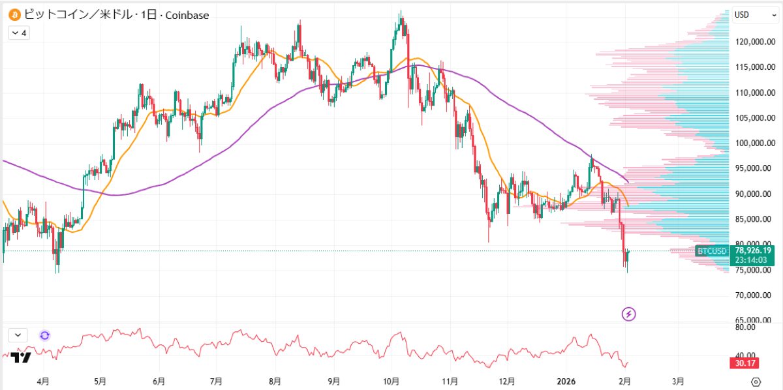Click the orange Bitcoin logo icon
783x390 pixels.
coord(14,14)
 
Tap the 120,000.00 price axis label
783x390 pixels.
coord(754,42)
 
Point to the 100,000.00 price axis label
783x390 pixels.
coord(754,143)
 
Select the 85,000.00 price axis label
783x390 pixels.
coord(754,219)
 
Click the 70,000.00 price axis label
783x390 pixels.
coord(754,295)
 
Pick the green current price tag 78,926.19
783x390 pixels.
coord(754,250)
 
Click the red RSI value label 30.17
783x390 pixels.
coord(746,363)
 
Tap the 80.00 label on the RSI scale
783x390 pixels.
coord(745,328)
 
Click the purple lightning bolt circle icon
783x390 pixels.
coord(629,314)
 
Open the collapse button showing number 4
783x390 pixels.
coord(18,33)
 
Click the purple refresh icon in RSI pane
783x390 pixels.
coord(44,335)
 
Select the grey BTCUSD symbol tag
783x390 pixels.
coord(712,251)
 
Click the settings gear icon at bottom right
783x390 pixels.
coord(756,382)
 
